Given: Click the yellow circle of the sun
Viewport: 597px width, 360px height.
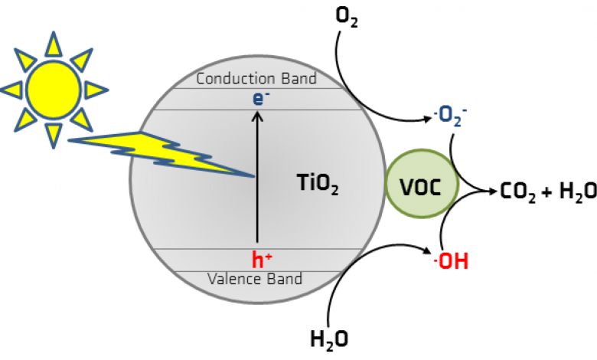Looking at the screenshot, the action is (x=54, y=90).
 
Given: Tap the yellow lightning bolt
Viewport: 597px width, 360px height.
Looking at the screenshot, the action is (x=160, y=152).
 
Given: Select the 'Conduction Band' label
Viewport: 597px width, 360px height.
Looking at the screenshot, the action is (x=256, y=78).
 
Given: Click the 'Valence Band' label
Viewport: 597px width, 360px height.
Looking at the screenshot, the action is (x=255, y=279).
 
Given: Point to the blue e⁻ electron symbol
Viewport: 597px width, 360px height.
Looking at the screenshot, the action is (x=261, y=98).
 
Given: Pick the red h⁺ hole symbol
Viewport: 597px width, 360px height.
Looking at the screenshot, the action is (x=262, y=260).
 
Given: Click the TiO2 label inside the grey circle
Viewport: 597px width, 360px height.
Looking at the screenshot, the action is (x=318, y=184).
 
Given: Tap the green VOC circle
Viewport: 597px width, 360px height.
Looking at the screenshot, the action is (x=422, y=184).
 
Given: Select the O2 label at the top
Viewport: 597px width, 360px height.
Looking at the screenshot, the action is (x=347, y=17).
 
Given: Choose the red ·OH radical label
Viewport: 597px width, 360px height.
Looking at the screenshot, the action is (x=451, y=261).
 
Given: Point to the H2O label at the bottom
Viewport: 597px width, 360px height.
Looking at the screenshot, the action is (x=329, y=339).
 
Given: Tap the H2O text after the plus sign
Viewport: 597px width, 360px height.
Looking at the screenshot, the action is (x=578, y=191).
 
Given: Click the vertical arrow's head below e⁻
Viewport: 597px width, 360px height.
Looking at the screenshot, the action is (x=258, y=116).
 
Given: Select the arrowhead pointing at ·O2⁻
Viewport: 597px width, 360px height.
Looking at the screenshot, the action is (x=429, y=119).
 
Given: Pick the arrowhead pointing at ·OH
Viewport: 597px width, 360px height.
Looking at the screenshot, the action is (x=427, y=250).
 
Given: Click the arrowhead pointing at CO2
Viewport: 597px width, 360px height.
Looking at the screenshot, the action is (x=493, y=191).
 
